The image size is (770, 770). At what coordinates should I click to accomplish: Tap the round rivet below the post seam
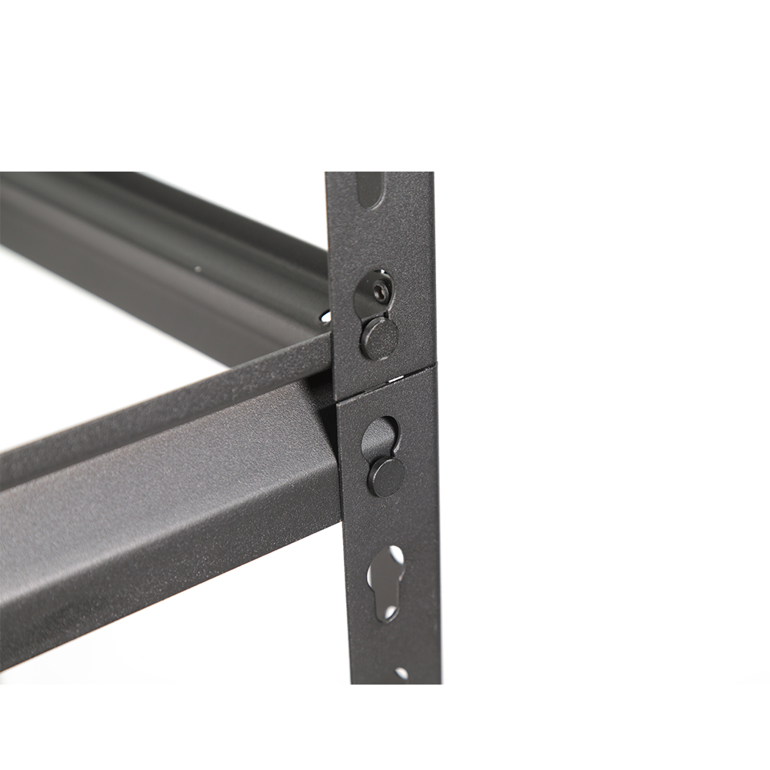(x=386, y=476)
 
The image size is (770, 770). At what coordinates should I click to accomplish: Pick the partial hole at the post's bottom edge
(x=401, y=674)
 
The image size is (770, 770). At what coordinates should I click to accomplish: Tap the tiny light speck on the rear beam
(x=198, y=269)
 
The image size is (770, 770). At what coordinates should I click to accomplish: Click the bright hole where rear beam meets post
(x=326, y=316)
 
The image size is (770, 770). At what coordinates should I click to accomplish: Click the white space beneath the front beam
(x=192, y=654)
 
